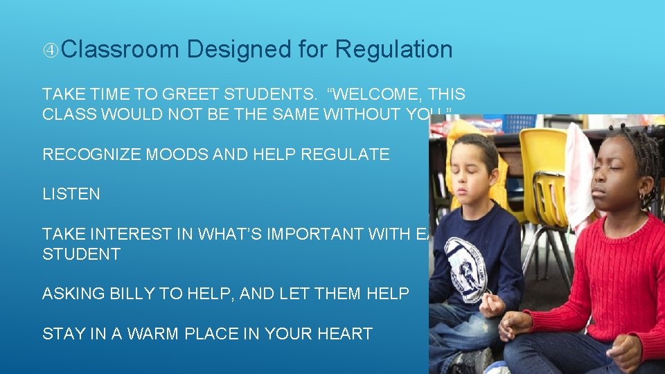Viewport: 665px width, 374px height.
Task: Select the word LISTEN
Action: coord(71,195)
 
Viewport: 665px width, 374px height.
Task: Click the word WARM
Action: coord(139,334)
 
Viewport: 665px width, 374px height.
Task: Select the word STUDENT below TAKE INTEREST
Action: coord(81,254)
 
